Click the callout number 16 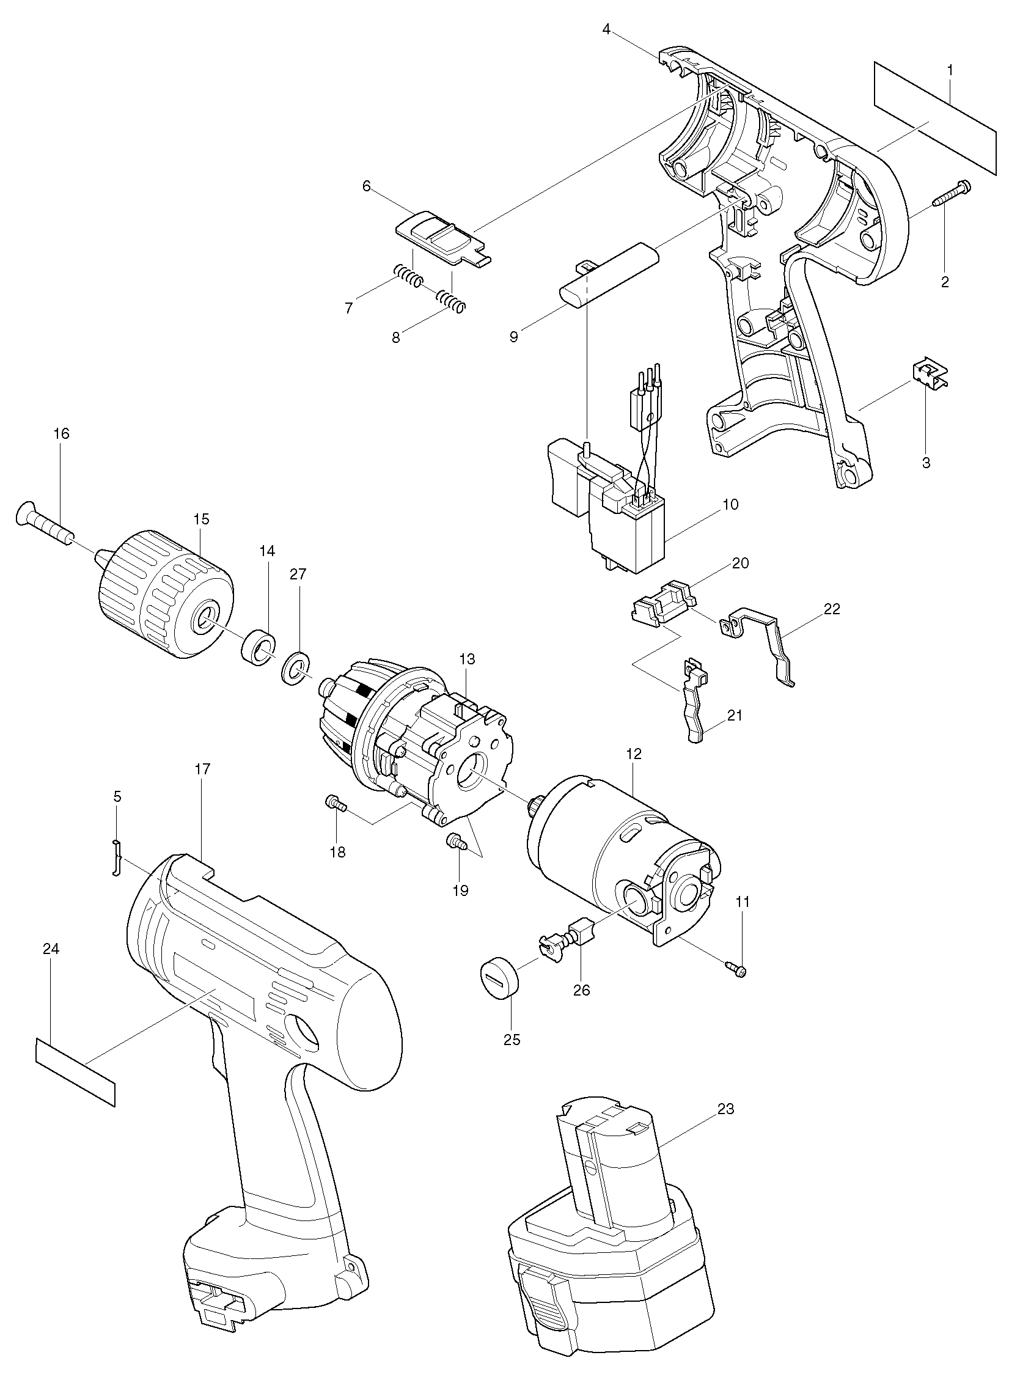61,433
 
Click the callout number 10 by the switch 730,504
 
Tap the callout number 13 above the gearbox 467,659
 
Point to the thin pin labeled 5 116,857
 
